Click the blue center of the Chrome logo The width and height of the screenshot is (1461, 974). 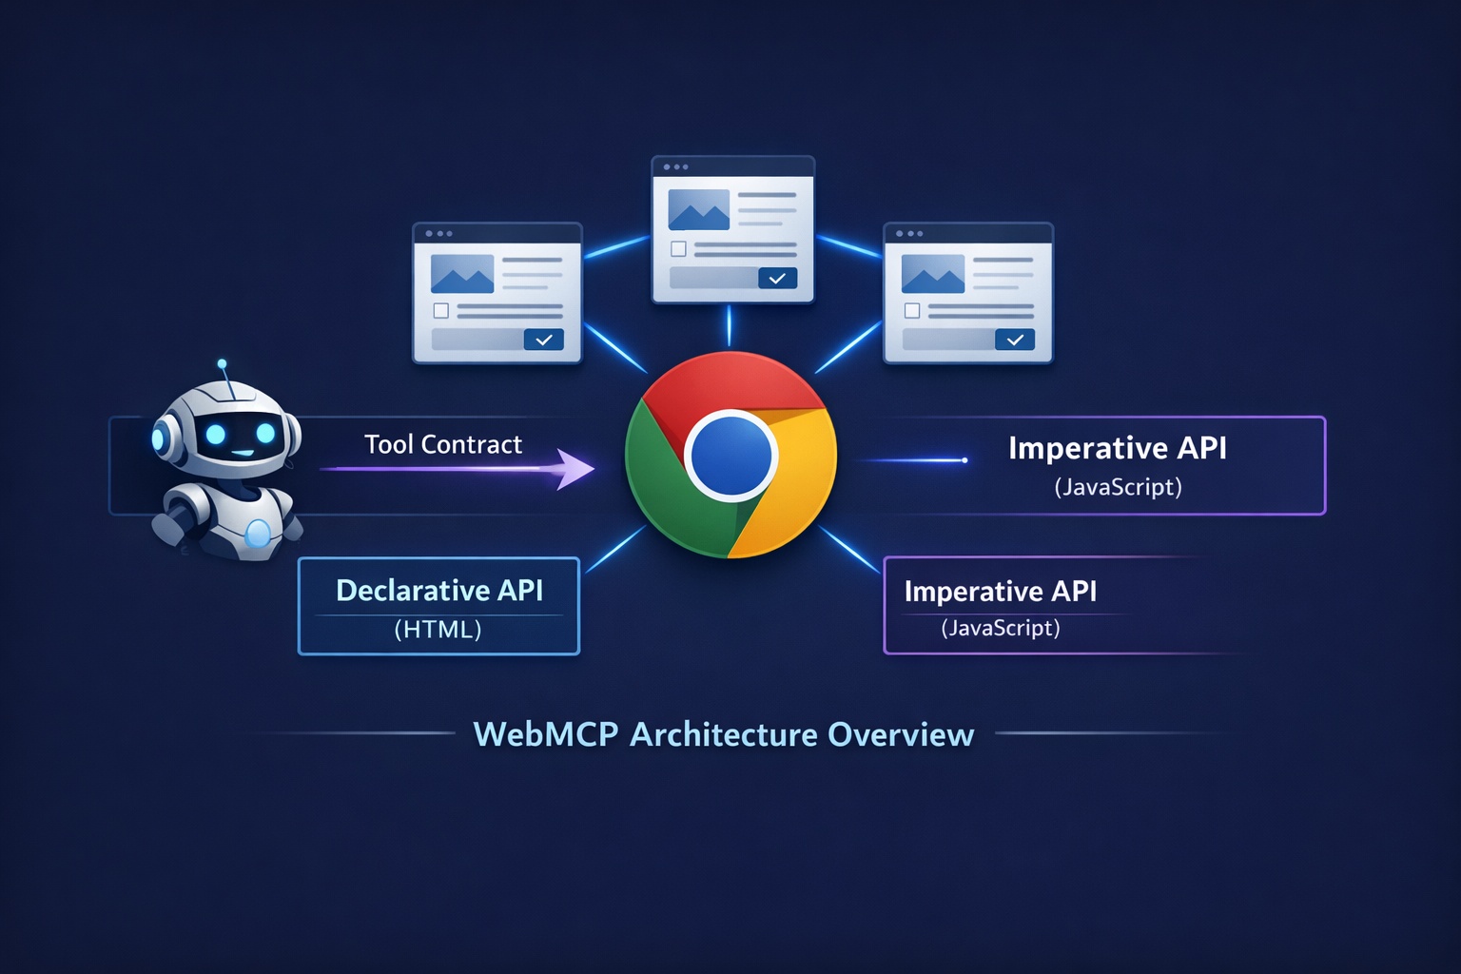coord(730,456)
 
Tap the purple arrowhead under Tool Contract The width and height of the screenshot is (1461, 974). coord(575,469)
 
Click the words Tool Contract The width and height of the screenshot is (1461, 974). coord(443,444)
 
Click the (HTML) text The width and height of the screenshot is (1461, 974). coord(438,630)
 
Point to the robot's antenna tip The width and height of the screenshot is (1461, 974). coord(222,363)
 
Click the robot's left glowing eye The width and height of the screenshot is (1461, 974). coord(216,435)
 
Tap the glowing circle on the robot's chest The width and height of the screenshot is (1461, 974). coord(258,534)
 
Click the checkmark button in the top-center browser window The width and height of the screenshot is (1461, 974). coord(777,278)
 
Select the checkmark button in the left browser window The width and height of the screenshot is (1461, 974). coord(543,340)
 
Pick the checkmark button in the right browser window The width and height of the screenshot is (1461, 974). coord(1014,340)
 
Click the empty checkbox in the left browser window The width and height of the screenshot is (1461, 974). coord(440,311)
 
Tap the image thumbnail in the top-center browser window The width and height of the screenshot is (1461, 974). coord(698,209)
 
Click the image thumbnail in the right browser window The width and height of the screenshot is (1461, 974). coord(932,274)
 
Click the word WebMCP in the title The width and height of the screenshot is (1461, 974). coord(545,734)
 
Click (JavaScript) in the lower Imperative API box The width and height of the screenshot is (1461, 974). coord(1000,628)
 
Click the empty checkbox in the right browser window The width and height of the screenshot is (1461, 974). coord(911,311)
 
